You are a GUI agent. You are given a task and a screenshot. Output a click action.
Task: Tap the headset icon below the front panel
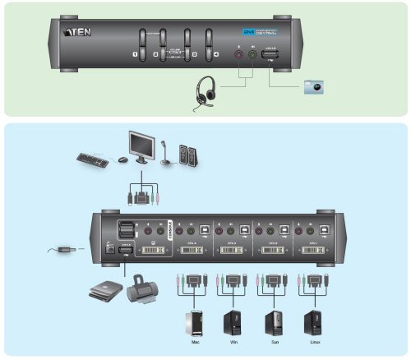205,91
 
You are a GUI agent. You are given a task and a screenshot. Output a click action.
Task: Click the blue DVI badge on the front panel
246,31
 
